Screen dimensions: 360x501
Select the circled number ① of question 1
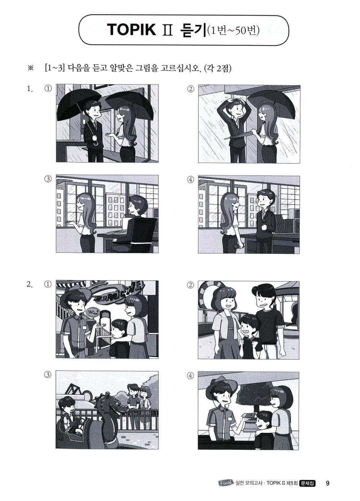(x=48, y=88)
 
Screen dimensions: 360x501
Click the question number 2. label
(x=30, y=285)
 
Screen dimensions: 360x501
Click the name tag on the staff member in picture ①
(x=84, y=328)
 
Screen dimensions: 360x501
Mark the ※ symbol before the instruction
(x=30, y=69)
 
